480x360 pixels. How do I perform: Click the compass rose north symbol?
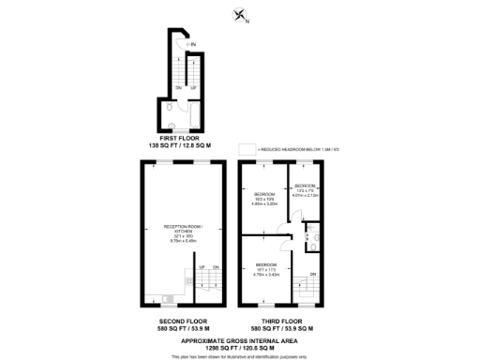point(239,13)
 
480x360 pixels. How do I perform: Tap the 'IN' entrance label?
point(192,44)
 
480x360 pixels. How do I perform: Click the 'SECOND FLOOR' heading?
point(183,322)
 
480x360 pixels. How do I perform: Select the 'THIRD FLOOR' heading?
point(282,322)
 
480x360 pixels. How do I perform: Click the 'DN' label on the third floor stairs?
point(312,274)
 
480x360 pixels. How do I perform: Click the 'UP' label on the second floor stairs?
point(201,268)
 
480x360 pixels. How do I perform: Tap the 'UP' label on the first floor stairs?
point(193,87)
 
